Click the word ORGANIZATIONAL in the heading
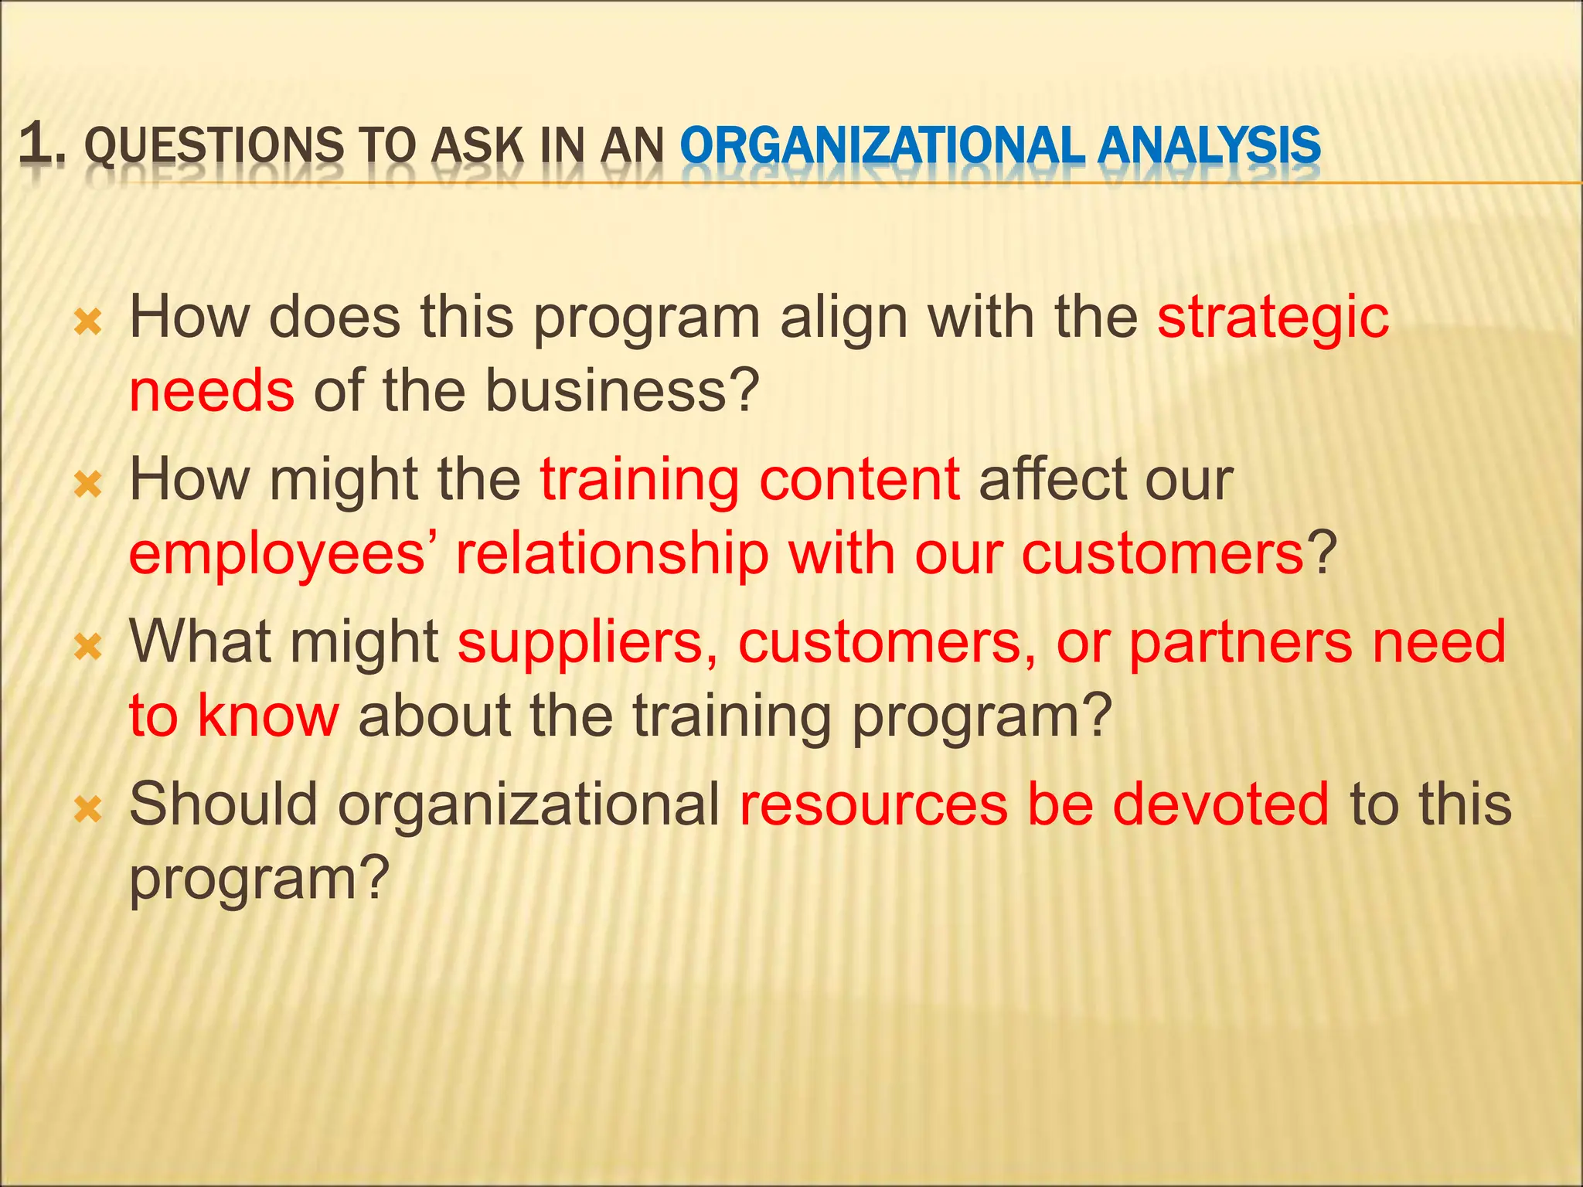(x=883, y=146)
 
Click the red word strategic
(x=1272, y=318)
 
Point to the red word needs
(x=212, y=391)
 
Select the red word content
(x=859, y=481)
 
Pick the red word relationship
(x=612, y=555)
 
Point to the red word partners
(x=1241, y=643)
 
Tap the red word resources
(x=873, y=804)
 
